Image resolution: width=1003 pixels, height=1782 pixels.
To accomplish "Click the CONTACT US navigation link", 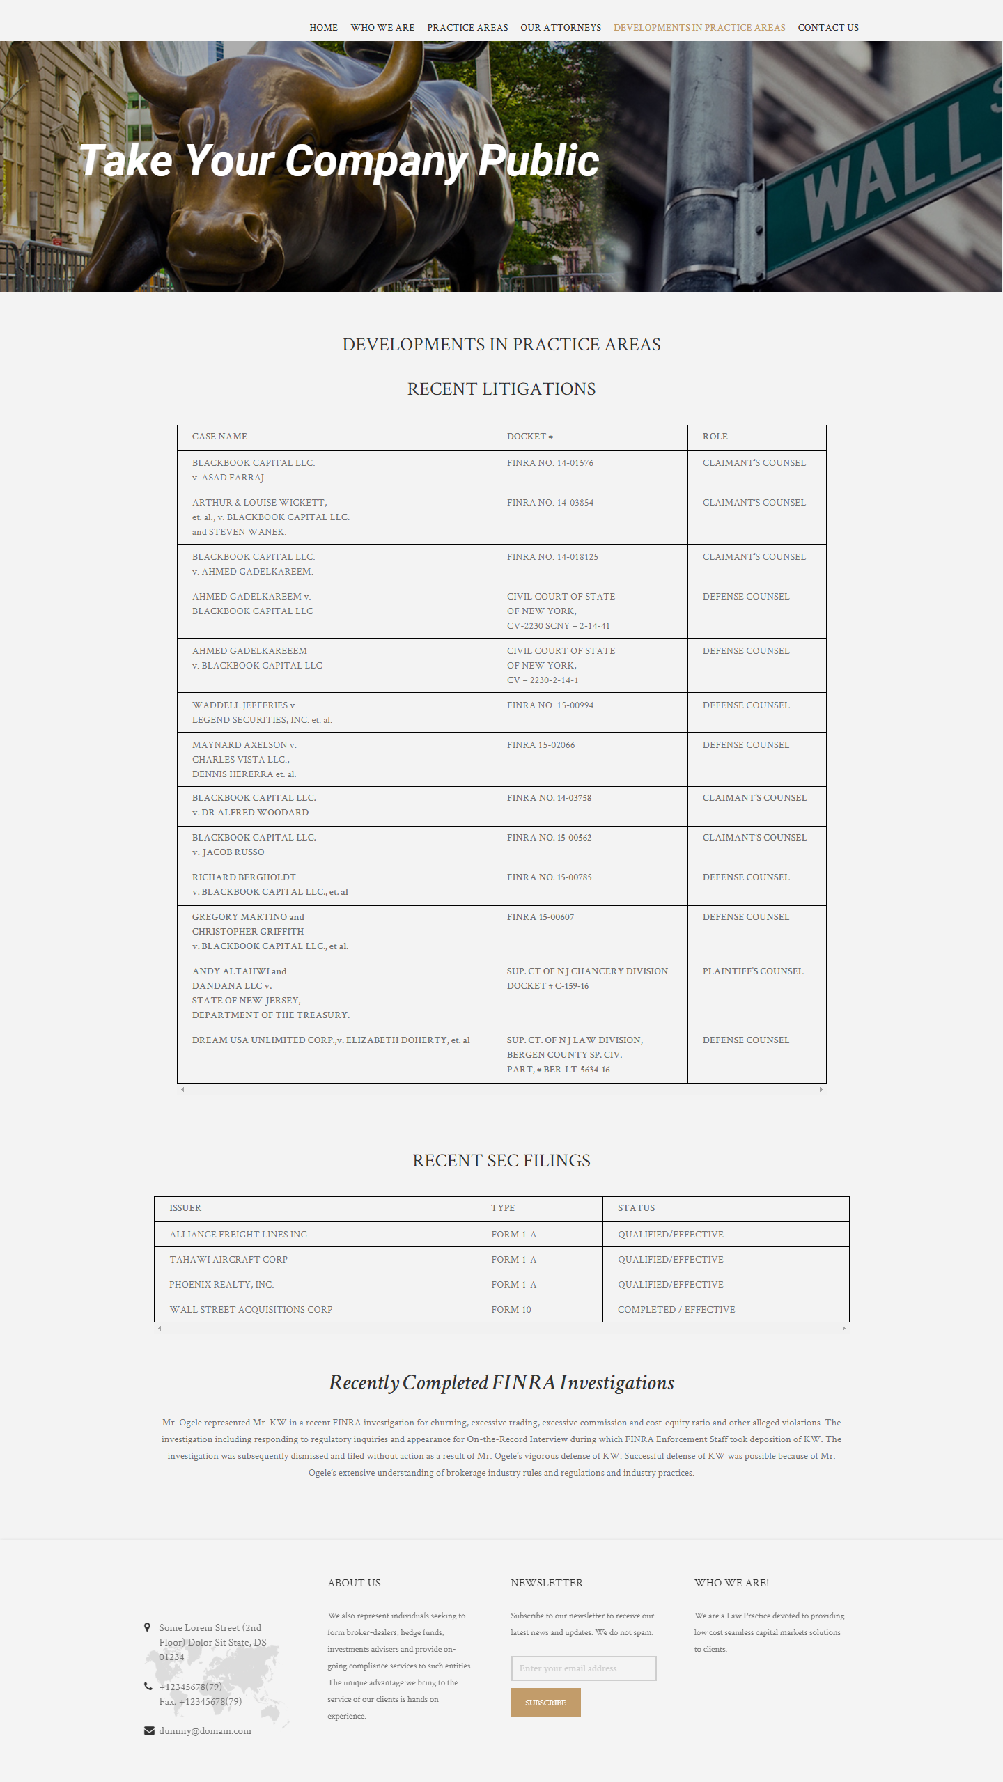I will pyautogui.click(x=827, y=28).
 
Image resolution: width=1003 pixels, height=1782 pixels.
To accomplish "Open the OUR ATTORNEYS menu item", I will pyautogui.click(x=560, y=28).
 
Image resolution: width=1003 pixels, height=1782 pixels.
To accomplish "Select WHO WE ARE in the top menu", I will pyautogui.click(x=382, y=28).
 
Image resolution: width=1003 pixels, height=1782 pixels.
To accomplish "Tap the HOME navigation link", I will pyautogui.click(x=323, y=28).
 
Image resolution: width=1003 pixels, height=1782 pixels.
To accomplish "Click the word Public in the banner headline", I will pyautogui.click(x=538, y=161).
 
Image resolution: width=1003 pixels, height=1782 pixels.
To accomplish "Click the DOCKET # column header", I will pyautogui.click(x=529, y=437).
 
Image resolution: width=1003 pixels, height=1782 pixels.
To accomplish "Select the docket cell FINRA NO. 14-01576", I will pyautogui.click(x=550, y=463).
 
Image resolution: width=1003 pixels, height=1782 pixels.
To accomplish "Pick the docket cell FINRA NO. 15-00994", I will pyautogui.click(x=550, y=705).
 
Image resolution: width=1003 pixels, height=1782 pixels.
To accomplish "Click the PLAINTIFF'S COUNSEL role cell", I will pyautogui.click(x=752, y=971).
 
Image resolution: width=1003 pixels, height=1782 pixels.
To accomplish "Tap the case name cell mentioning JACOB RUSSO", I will pyautogui.click(x=254, y=845).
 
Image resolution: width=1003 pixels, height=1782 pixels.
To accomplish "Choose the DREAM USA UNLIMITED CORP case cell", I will pyautogui.click(x=331, y=1040).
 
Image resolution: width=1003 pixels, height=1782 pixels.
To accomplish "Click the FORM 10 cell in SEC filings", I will pyautogui.click(x=511, y=1310).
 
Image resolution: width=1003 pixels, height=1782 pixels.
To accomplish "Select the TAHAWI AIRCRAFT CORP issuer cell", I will pyautogui.click(x=228, y=1260).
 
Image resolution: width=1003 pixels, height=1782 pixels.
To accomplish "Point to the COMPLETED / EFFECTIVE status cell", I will pyautogui.click(x=676, y=1310).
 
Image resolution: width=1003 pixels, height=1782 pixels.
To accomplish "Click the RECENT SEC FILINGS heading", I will pyautogui.click(x=501, y=1161).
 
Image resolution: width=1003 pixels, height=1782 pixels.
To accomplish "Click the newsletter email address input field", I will pyautogui.click(x=583, y=1668).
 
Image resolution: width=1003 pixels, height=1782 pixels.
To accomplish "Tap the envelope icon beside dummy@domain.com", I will pyautogui.click(x=149, y=1730).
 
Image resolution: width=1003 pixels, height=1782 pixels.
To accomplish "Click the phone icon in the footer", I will pyautogui.click(x=148, y=1686).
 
